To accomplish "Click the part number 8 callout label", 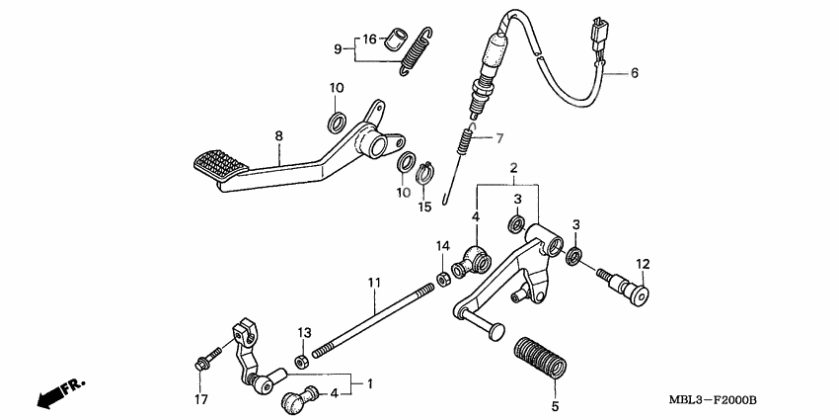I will coord(278,135).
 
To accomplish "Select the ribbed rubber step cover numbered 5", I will coord(542,359).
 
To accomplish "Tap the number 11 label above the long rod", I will coord(374,284).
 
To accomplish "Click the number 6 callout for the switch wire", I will coord(635,73).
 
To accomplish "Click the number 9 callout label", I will coord(337,48).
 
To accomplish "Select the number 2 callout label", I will coord(512,171).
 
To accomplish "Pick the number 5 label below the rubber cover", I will coord(555,406).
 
